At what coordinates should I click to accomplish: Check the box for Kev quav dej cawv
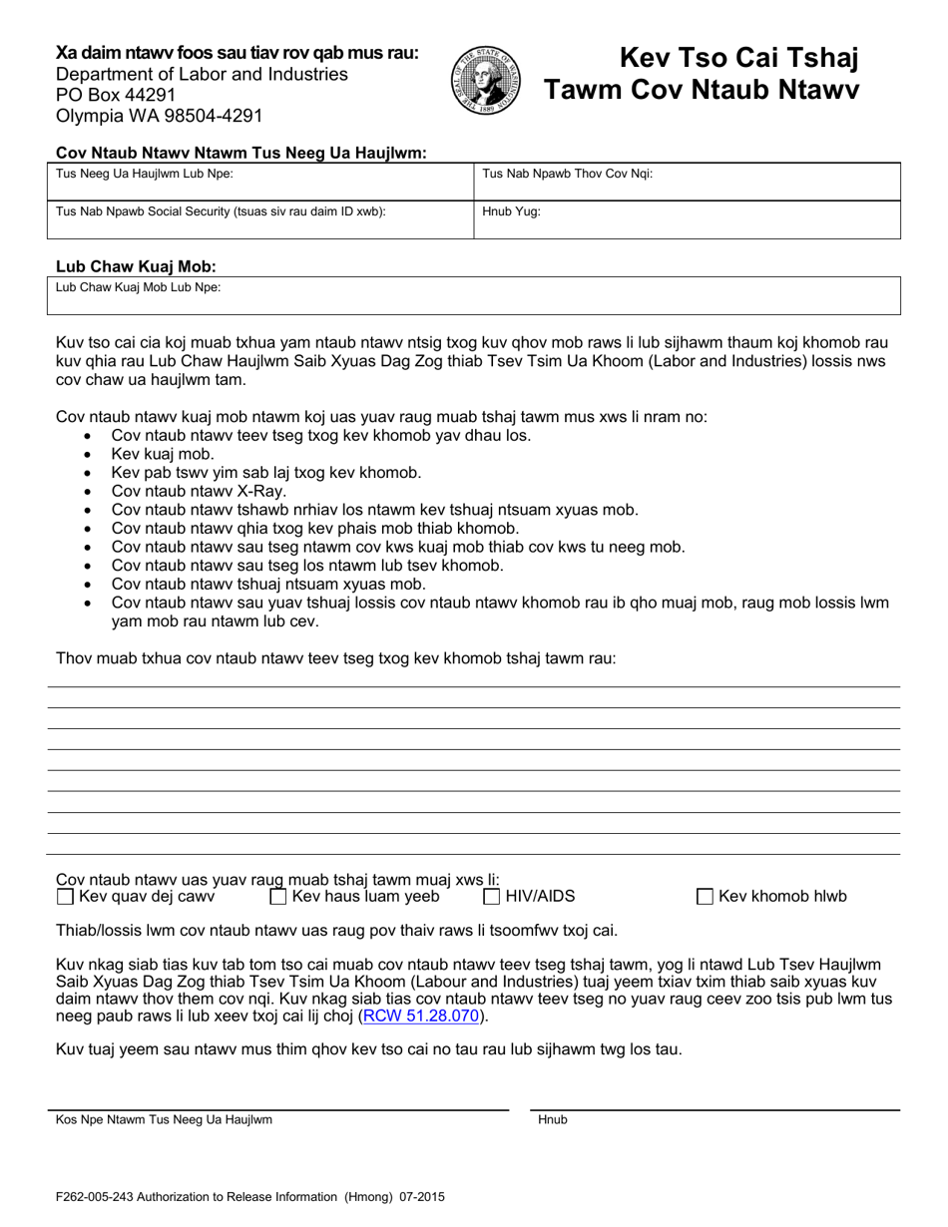coord(66,897)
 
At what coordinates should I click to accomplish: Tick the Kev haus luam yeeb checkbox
coord(278,897)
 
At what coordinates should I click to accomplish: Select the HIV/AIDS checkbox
coord(492,897)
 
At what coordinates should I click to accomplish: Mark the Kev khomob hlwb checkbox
coord(705,897)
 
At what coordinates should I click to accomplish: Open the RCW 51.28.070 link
coord(422,1017)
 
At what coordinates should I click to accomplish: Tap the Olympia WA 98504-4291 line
coord(160,116)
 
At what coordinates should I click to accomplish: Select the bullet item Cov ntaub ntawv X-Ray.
coord(199,491)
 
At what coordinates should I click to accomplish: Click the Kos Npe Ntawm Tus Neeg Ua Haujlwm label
coord(164,1119)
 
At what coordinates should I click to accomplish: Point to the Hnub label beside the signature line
coord(553,1119)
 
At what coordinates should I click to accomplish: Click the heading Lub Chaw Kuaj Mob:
coord(136,266)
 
